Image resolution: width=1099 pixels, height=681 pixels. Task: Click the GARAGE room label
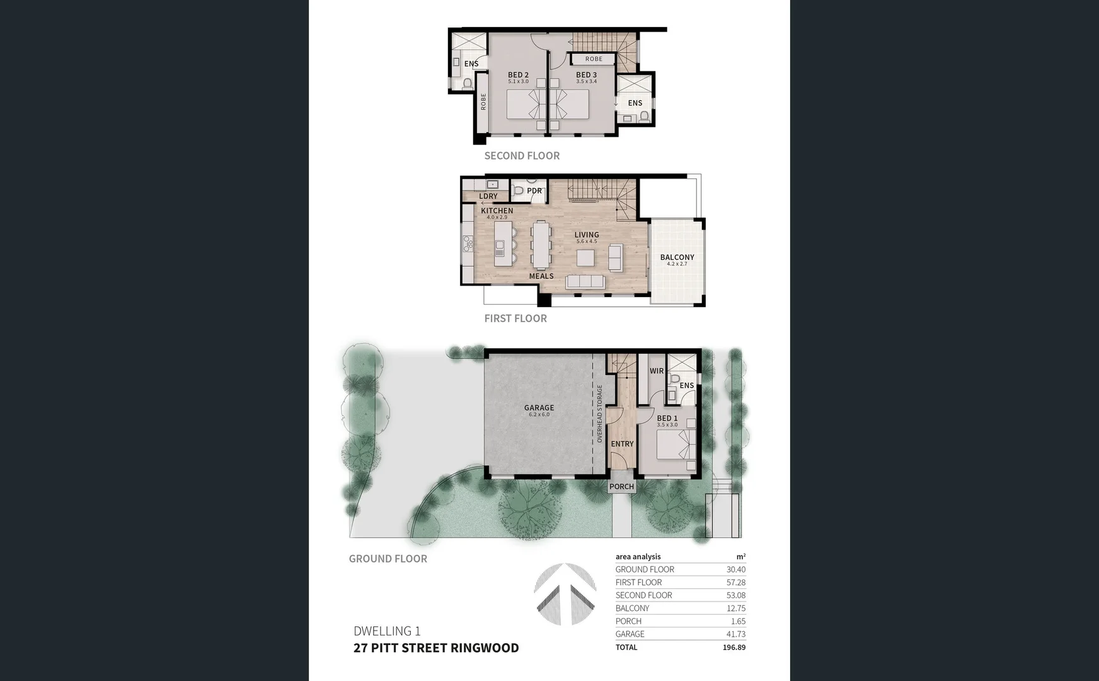click(539, 408)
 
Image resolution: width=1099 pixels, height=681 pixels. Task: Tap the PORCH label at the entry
click(621, 487)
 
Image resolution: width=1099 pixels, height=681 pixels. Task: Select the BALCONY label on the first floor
click(677, 257)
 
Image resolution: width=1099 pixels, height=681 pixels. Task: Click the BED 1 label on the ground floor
click(667, 418)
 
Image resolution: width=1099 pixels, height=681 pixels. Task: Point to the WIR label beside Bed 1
click(656, 371)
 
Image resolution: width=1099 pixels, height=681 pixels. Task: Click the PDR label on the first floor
click(534, 190)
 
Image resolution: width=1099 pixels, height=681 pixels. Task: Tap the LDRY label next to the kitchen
click(488, 196)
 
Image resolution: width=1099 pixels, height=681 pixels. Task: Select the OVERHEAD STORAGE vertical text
click(599, 414)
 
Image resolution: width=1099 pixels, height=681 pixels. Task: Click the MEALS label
click(541, 276)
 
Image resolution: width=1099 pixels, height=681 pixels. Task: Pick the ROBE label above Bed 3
click(594, 59)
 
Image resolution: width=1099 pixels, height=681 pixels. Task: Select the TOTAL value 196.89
click(734, 648)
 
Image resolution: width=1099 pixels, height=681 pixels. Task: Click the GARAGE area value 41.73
click(735, 634)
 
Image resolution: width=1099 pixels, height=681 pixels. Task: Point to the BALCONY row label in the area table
click(632, 608)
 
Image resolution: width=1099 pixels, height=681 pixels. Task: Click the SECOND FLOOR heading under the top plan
click(522, 156)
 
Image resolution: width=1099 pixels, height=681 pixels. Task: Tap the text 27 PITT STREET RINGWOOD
click(436, 648)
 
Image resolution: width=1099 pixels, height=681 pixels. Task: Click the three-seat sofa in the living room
click(586, 282)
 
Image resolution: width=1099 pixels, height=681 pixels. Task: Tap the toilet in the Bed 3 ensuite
click(643, 116)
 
